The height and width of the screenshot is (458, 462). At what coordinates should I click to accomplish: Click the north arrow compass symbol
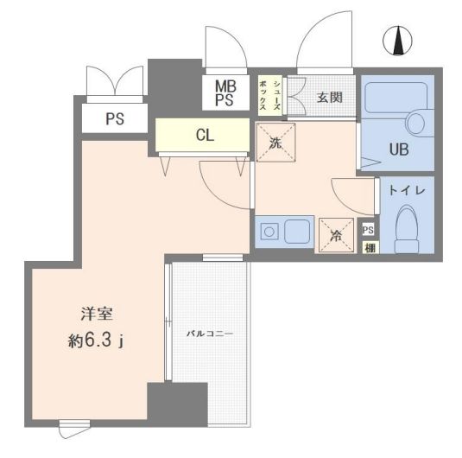[x=398, y=40]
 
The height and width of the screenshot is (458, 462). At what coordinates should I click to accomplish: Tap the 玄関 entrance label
[x=329, y=97]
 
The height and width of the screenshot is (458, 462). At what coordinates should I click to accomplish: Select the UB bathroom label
[x=398, y=149]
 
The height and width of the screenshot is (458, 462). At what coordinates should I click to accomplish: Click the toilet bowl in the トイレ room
[x=407, y=230]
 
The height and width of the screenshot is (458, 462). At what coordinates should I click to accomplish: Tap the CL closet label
[x=205, y=135]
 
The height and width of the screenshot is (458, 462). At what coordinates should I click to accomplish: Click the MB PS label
[x=225, y=93]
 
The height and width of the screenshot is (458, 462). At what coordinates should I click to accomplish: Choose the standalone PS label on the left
[x=115, y=119]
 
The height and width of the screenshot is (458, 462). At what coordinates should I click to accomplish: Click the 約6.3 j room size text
[x=97, y=341]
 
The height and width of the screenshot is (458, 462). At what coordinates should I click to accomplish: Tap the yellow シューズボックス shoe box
[x=269, y=93]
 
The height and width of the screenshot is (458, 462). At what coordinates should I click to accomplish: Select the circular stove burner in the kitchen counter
[x=269, y=231]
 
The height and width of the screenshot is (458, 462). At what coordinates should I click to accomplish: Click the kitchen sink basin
[x=298, y=231]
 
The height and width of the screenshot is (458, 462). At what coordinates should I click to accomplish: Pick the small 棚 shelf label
[x=369, y=248]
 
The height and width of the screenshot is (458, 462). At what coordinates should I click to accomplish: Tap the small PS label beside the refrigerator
[x=369, y=230]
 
